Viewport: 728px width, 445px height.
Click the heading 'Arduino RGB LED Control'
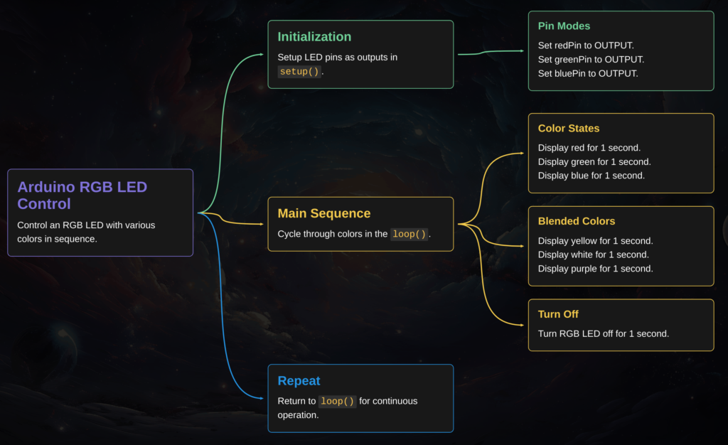click(x=82, y=195)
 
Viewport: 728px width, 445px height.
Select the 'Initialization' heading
click(x=314, y=37)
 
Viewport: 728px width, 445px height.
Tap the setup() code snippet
click(x=299, y=71)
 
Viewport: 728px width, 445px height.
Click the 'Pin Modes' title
click(x=564, y=26)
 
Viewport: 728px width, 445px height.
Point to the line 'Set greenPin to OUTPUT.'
click(x=591, y=60)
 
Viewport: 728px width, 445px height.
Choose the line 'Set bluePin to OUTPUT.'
click(x=588, y=73)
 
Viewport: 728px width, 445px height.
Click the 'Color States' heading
click(x=568, y=129)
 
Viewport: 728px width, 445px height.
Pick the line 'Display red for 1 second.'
click(x=589, y=148)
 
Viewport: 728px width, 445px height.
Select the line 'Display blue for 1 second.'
click(x=591, y=176)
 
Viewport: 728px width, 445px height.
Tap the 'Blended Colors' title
click(x=577, y=221)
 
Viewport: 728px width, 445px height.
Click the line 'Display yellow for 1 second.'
click(x=595, y=241)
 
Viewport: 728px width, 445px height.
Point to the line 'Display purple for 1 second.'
click(x=595, y=269)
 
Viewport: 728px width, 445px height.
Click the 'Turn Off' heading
click(x=558, y=314)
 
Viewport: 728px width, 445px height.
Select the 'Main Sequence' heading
click(x=323, y=213)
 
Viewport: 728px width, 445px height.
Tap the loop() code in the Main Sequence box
click(x=409, y=234)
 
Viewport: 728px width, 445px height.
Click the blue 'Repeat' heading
click(x=299, y=381)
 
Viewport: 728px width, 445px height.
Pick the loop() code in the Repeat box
click(x=337, y=401)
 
